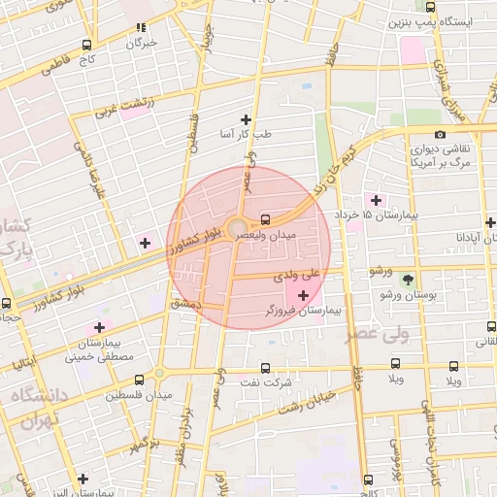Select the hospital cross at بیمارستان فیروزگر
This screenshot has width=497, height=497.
pos(304,294)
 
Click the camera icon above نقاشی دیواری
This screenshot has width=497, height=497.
pos(441,134)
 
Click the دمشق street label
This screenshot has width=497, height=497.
pos(184,304)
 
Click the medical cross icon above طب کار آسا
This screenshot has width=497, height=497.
pos(246,117)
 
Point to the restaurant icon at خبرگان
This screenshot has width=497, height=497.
pos(142,29)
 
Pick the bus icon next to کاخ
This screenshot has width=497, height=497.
pos(87,46)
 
